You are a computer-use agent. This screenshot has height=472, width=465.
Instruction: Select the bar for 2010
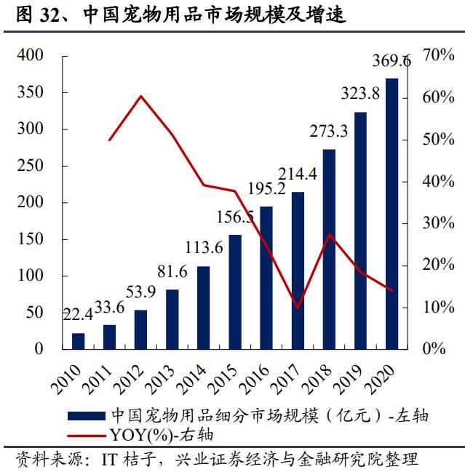tap(79, 340)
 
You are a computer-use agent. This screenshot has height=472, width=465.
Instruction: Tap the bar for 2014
tap(204, 307)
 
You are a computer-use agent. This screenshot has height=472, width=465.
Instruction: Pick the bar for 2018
tap(329, 249)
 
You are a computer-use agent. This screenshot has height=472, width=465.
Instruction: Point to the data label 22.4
tap(77, 314)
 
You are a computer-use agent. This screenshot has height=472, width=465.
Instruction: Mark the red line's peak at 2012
tap(141, 96)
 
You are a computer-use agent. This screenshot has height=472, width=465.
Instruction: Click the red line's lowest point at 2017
tap(298, 308)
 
